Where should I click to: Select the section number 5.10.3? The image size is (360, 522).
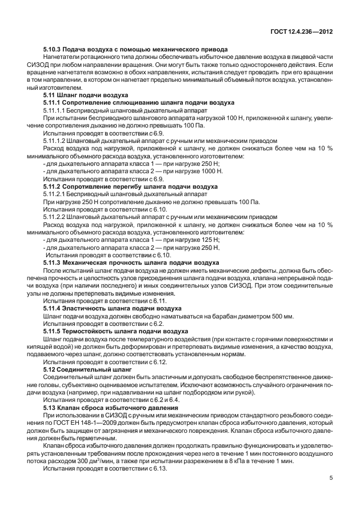pos(54,49)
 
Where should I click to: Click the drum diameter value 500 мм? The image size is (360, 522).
pos(281,316)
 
